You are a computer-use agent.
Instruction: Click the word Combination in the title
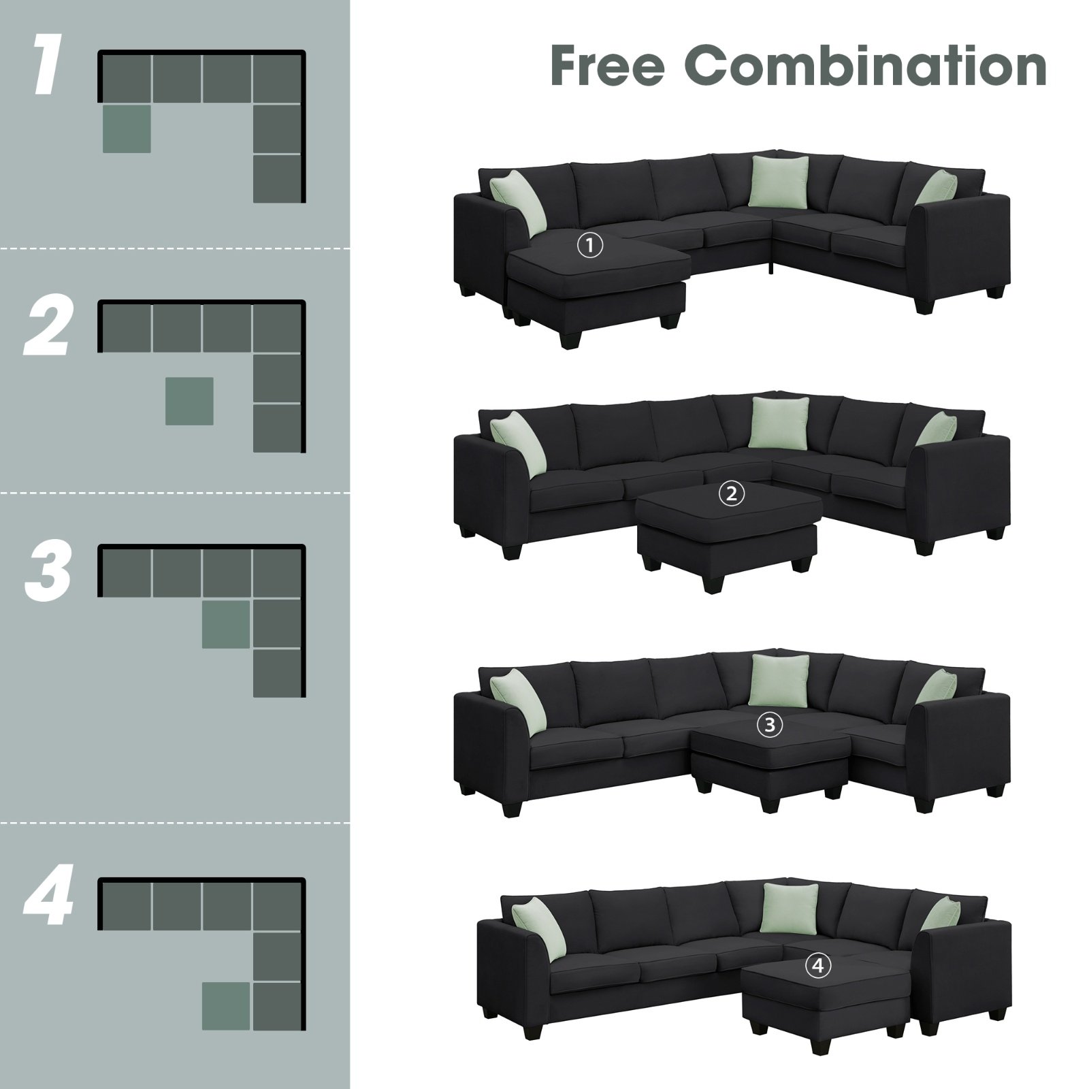point(871,66)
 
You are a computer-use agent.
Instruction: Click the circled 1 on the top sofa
point(590,245)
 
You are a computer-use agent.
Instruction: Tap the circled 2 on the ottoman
point(732,494)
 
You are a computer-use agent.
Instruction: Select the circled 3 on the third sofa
point(769,726)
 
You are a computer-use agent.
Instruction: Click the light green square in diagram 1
point(127,129)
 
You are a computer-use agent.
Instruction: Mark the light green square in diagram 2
point(190,401)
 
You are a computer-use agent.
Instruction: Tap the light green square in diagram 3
point(226,624)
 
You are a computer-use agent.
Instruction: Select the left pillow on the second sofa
point(517,438)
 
